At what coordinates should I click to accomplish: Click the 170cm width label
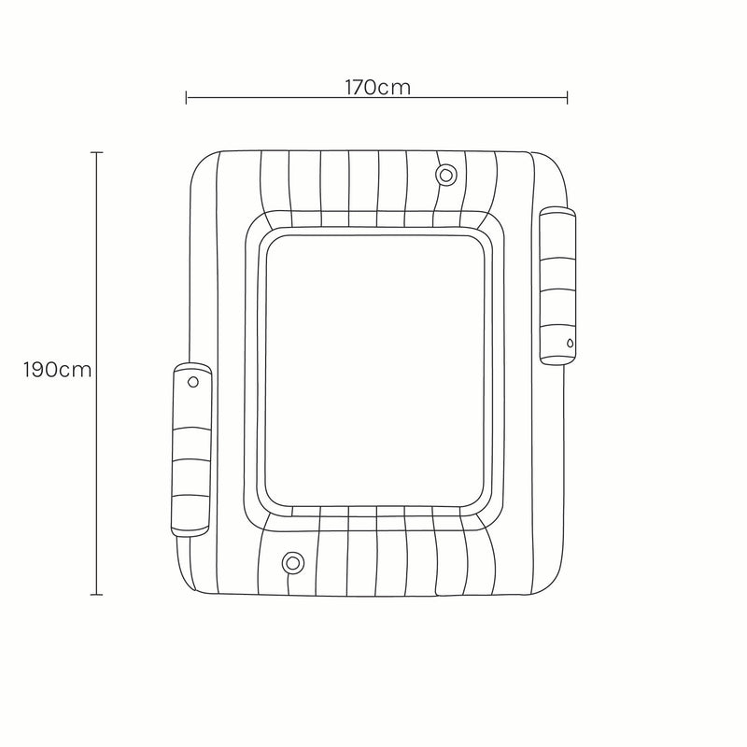pos(377,88)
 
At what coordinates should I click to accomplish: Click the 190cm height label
pos(57,370)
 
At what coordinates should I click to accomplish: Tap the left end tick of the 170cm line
pos(186,98)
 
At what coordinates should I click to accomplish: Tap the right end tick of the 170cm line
pos(567,98)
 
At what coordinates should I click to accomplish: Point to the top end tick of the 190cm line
pos(97,152)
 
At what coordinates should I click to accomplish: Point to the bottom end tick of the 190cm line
pos(97,595)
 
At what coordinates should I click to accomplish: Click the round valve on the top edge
pos(446,176)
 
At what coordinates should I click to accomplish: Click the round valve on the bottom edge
pos(292,563)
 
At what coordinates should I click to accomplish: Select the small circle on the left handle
pos(193,382)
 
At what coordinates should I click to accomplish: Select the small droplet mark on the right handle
pos(570,343)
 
